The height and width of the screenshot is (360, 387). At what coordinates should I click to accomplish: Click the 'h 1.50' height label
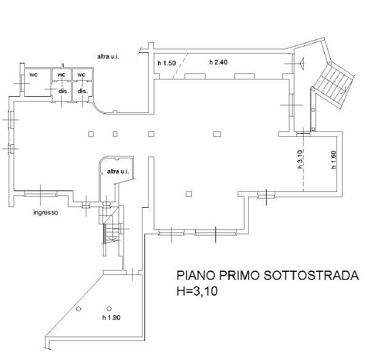(x=167, y=63)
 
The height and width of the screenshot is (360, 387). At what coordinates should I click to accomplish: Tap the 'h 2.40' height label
(x=218, y=62)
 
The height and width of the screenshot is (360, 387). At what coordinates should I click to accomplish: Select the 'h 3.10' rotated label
(x=300, y=159)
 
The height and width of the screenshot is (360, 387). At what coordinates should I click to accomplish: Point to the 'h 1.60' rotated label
(x=334, y=160)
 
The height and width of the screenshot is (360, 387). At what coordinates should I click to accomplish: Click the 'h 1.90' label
(x=111, y=317)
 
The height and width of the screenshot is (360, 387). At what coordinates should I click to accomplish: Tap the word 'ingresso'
(x=46, y=212)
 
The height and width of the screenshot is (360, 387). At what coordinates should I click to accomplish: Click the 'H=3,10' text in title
(x=197, y=291)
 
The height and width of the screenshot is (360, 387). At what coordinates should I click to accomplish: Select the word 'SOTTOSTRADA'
(x=311, y=275)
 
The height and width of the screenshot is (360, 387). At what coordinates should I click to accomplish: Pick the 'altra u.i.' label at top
(x=109, y=57)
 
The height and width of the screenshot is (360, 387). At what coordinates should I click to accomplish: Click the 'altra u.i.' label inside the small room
(x=118, y=171)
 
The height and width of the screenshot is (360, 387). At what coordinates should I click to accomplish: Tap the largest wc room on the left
(x=38, y=83)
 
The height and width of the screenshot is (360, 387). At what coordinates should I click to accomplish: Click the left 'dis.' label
(x=64, y=91)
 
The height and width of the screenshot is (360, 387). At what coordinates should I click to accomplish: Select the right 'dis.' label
(x=83, y=91)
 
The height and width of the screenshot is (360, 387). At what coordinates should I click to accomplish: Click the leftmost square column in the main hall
(x=91, y=134)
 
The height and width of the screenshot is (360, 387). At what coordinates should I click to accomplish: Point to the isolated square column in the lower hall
(x=189, y=194)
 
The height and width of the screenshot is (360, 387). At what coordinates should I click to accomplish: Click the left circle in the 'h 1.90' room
(x=78, y=308)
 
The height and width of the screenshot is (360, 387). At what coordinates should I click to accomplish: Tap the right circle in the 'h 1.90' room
(x=109, y=308)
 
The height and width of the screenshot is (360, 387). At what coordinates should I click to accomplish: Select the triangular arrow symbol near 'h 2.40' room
(x=302, y=63)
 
